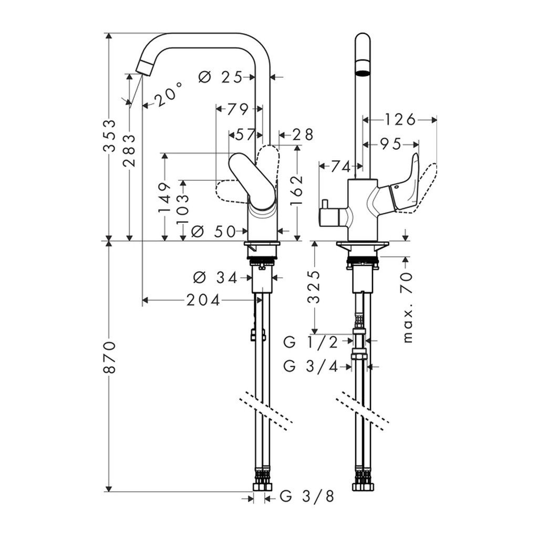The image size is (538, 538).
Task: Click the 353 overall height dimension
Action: [x=109, y=135]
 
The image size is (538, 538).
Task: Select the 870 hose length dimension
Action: [x=109, y=357]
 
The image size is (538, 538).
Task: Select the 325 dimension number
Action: [x=314, y=287]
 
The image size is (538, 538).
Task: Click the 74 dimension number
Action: [x=340, y=167]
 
